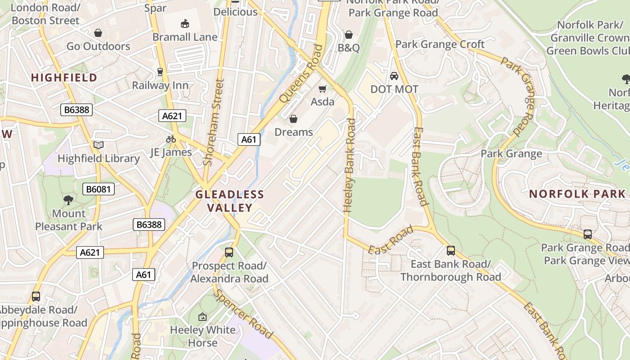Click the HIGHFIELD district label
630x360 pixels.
coord(64,77)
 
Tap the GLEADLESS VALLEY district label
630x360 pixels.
coord(229,201)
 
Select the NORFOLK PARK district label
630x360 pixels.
coord(577,194)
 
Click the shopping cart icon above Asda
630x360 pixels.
coord(322,89)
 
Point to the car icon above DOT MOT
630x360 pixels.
coord(394,76)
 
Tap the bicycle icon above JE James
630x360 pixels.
coord(171,139)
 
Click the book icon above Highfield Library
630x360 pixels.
coord(98,145)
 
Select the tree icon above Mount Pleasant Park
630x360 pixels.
coord(68,200)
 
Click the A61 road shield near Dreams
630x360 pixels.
coord(248,139)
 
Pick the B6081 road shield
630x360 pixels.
coord(99,189)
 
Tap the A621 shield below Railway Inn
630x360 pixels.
coord(172,116)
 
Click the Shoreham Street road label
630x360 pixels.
coord(213,122)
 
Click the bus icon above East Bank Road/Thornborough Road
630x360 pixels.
coord(451,251)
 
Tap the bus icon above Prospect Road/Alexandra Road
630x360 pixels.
coord(229,252)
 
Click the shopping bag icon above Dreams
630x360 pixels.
coord(293,119)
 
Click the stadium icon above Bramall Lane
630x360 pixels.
coord(184,23)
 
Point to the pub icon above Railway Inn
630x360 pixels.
coord(160,72)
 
